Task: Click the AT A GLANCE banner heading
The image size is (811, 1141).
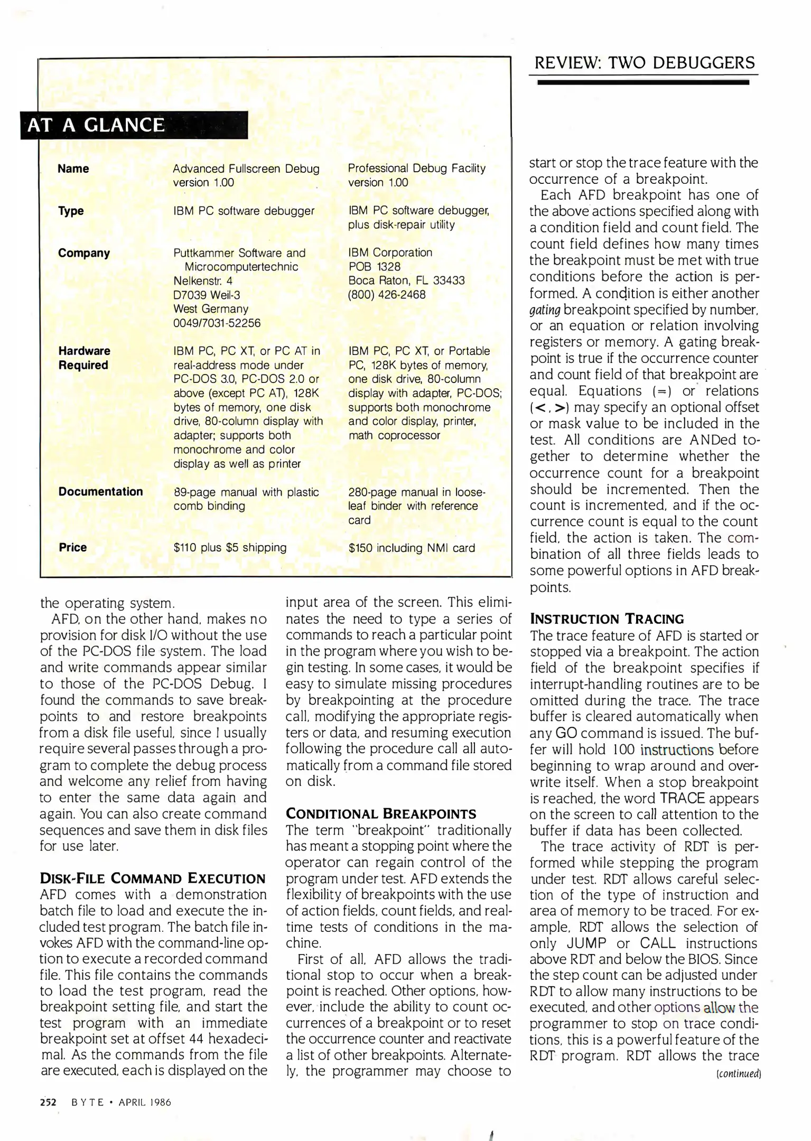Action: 96,125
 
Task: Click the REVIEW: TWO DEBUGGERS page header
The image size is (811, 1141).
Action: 644,63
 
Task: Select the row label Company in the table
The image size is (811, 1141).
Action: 84,253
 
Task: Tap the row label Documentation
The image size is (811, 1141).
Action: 100,492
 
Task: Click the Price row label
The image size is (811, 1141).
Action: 72,548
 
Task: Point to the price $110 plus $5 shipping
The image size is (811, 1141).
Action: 230,548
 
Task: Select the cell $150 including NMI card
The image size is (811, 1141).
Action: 412,548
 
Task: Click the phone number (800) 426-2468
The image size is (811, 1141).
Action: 386,295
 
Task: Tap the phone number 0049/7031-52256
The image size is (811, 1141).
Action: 217,323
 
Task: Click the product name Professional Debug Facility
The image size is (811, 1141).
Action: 416,169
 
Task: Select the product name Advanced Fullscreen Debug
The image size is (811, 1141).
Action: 246,169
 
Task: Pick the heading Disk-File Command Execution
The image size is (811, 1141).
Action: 153,878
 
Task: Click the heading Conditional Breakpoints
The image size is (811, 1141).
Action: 381,814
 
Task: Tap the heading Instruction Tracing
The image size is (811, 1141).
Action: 607,619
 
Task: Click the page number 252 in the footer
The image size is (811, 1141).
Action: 48,1102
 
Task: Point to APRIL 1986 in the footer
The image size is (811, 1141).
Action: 145,1102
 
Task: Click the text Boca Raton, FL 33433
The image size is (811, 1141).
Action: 406,280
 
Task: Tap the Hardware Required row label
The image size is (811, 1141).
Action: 84,358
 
